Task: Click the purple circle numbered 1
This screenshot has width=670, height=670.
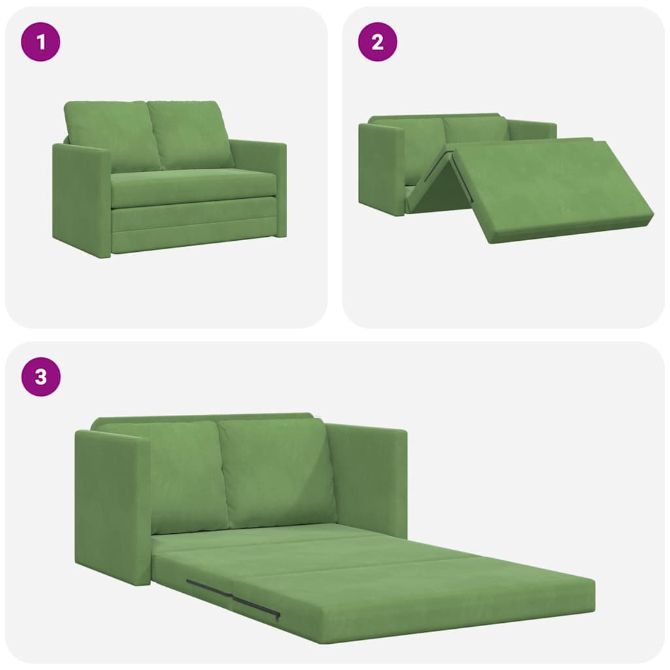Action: pyautogui.click(x=41, y=42)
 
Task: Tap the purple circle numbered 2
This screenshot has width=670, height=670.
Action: pyautogui.click(x=378, y=42)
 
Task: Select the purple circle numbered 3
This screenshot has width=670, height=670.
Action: pyautogui.click(x=41, y=377)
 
